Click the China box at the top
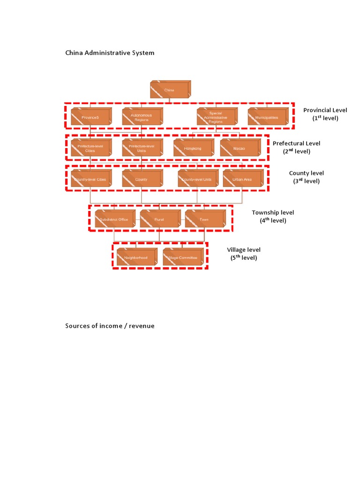pos(170,90)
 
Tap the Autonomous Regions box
pos(142,117)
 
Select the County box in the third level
pos(142,179)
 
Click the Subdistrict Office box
pos(114,219)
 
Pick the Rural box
pos(159,219)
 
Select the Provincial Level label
pos(325,110)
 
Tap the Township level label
pos(273,213)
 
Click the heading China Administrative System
pos(110,53)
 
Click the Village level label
pos(244,250)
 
